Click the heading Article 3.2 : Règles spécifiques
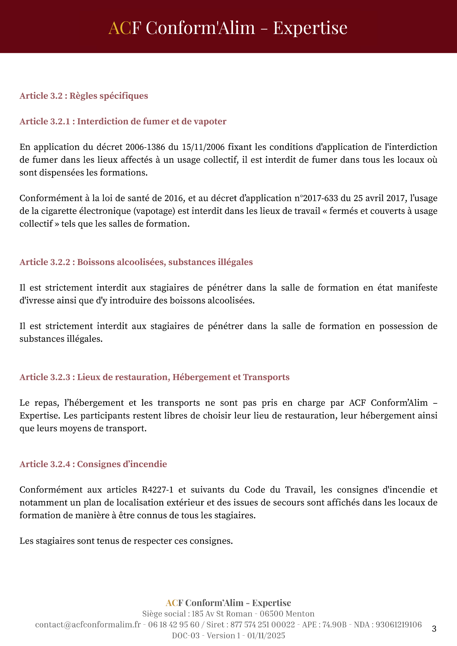click(x=84, y=96)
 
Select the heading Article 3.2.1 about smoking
click(x=123, y=121)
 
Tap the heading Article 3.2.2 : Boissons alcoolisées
click(x=136, y=262)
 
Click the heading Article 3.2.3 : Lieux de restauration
click(x=154, y=377)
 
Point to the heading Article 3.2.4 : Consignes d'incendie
click(x=93, y=464)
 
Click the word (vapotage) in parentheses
click(x=154, y=211)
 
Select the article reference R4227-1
click(x=157, y=490)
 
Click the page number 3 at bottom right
click(x=434, y=629)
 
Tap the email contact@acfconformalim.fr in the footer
click(x=88, y=625)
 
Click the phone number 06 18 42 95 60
click(x=174, y=625)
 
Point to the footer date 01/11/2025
click(x=266, y=636)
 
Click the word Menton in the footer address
click(x=300, y=614)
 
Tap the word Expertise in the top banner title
click(x=310, y=28)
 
